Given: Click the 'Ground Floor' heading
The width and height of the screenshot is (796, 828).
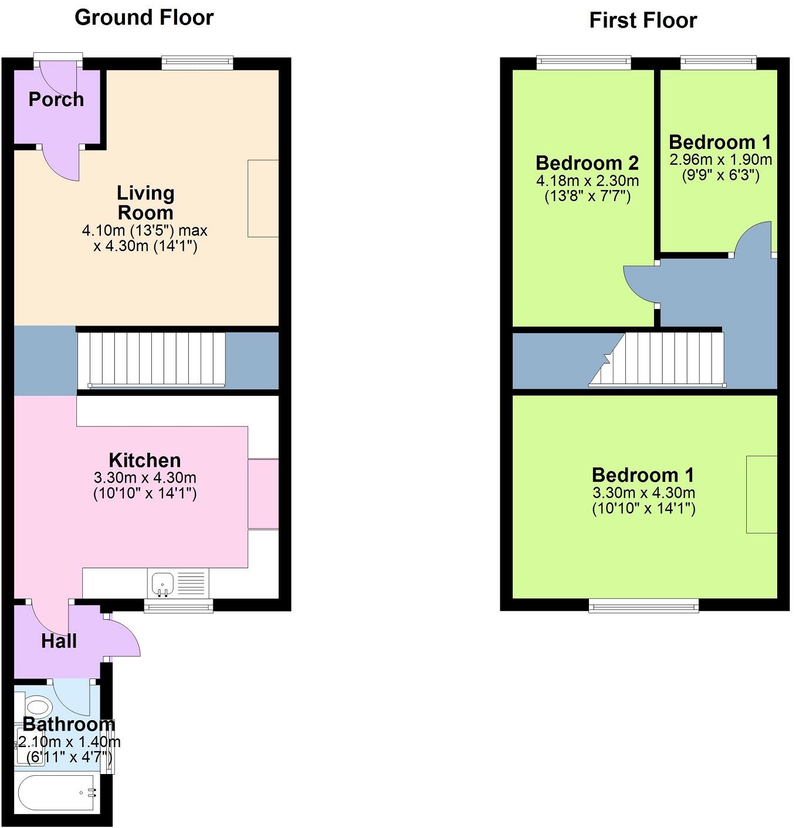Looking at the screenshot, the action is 144,18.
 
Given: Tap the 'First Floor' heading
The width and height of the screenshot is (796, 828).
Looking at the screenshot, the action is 643,21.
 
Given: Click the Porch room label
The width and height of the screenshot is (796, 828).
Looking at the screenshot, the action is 56,100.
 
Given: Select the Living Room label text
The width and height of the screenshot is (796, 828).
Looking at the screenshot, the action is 145,203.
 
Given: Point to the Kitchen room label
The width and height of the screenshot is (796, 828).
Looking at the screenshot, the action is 145,460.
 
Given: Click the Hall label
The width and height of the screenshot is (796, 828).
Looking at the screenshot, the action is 59,641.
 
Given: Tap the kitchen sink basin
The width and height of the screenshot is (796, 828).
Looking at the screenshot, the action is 162,584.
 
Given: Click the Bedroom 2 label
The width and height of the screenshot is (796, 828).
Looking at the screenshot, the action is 587,163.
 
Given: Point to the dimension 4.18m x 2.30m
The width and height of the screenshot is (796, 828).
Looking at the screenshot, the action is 587,181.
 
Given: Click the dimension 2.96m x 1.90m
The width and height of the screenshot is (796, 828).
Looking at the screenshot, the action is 721,160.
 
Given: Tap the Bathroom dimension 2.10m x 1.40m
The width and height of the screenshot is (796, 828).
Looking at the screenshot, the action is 69,742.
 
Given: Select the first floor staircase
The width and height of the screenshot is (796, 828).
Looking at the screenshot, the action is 658,360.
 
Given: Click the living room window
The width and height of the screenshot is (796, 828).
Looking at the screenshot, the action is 198,63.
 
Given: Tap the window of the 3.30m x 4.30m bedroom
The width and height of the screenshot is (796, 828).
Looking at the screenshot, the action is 643,606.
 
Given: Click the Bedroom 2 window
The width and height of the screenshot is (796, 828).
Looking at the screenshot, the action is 584,63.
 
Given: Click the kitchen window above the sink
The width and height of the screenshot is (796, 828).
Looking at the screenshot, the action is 178,606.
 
